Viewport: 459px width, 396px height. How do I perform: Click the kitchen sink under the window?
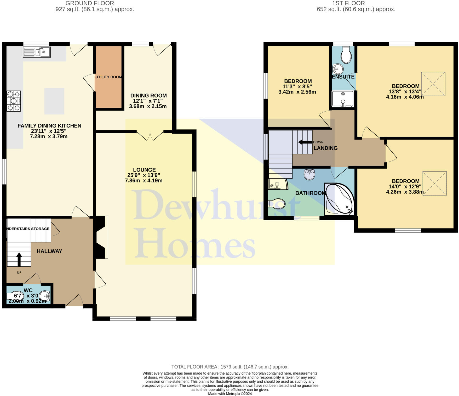(37, 52)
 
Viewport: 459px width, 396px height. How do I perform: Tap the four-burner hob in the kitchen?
(14, 101)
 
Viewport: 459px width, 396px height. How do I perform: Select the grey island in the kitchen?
(54, 101)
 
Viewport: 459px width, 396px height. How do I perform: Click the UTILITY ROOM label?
(108, 77)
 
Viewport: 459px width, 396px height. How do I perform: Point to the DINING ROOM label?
(148, 96)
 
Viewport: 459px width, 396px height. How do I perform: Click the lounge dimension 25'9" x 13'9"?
(144, 175)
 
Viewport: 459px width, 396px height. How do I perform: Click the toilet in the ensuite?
(346, 55)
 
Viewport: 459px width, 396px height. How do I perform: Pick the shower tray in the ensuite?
(343, 99)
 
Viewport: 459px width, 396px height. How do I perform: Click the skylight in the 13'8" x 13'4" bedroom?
(433, 84)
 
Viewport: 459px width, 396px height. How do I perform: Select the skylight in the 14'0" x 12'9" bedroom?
(434, 183)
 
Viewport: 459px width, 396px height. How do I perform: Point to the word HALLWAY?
(49, 251)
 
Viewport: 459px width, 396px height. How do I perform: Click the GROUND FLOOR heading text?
(90, 3)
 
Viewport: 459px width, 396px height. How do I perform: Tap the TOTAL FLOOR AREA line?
(230, 367)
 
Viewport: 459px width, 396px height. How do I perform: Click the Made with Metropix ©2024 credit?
(230, 394)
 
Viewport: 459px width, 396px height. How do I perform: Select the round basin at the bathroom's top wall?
(309, 174)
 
